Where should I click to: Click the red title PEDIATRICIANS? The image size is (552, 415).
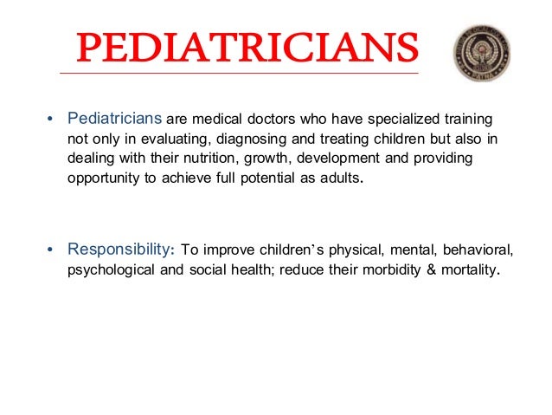240,49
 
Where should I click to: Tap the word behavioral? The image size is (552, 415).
475,250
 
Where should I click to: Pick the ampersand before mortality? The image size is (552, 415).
420,271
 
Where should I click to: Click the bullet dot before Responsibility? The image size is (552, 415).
50,251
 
